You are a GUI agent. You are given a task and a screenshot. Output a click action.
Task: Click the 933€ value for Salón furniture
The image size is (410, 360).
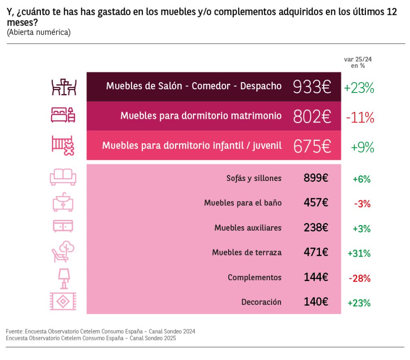(312, 87)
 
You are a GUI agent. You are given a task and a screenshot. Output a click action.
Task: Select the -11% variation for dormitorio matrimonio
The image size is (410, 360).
(359, 117)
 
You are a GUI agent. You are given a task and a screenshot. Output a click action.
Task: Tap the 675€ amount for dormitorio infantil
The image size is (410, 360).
(312, 147)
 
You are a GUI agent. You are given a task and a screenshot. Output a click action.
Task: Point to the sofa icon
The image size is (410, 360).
(63, 177)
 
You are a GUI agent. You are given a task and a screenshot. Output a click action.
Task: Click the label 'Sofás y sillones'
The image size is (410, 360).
(254, 178)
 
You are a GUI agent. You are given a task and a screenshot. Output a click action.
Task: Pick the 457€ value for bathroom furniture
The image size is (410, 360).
(316, 203)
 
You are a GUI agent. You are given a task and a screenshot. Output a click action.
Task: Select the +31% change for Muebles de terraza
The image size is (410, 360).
(359, 253)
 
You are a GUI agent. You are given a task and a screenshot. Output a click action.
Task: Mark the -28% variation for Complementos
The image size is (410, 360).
(362, 278)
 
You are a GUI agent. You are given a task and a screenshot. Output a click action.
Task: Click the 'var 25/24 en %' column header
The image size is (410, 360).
(355, 62)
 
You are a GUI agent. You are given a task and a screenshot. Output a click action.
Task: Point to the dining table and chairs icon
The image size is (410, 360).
(64, 87)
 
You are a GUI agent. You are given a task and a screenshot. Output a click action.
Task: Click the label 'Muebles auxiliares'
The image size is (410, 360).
(248, 228)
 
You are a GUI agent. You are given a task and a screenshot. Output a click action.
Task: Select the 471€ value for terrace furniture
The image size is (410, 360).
(316, 253)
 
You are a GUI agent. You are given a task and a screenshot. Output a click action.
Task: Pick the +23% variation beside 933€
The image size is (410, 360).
(359, 88)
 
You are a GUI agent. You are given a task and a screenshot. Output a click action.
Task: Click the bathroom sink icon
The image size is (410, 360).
(63, 202)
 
